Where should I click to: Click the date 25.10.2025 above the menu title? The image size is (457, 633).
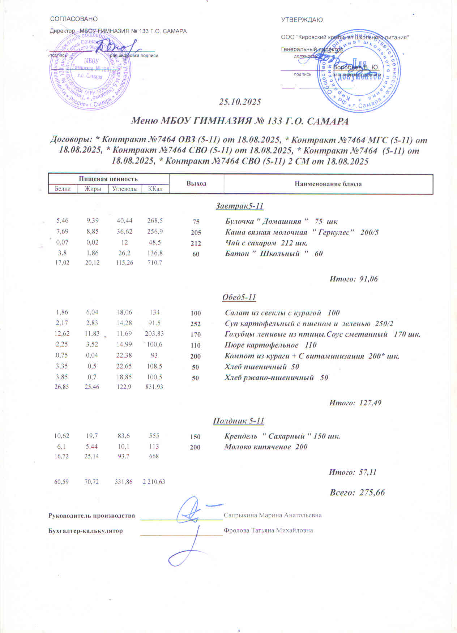[x=240, y=102]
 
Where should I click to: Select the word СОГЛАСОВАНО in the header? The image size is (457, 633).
[x=74, y=19]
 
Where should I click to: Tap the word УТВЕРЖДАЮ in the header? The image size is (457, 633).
[x=302, y=20]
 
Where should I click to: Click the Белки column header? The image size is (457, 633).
[x=63, y=188]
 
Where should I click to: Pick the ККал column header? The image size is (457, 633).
[x=155, y=188]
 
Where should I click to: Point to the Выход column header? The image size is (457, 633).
[x=196, y=184]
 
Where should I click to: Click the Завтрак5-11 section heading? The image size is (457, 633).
[x=239, y=206]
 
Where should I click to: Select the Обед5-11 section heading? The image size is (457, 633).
[x=239, y=297]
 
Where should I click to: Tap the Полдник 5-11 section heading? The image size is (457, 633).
[x=239, y=421]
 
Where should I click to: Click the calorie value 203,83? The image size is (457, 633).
[x=154, y=334]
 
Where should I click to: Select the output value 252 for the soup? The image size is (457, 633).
[x=196, y=324]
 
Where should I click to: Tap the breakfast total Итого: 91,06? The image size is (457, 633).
[x=354, y=279]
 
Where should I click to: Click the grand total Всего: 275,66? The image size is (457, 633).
[x=357, y=492]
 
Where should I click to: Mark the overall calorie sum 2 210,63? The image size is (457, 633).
[x=154, y=482]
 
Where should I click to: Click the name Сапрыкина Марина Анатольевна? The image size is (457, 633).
[x=273, y=515]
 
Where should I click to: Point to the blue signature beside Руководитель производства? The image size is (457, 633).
[x=191, y=511]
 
